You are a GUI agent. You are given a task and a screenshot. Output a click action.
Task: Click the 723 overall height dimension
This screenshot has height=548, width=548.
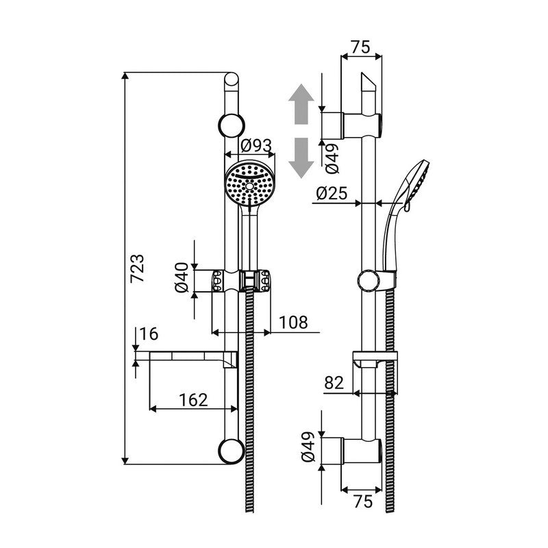pyautogui.click(x=137, y=269)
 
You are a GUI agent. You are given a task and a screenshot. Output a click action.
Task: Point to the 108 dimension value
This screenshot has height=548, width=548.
pyautogui.click(x=293, y=322)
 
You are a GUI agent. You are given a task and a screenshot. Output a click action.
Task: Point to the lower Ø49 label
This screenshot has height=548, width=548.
pyautogui.click(x=308, y=449)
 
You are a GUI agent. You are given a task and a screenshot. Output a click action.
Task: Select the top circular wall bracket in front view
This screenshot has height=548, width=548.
pyautogui.click(x=231, y=126)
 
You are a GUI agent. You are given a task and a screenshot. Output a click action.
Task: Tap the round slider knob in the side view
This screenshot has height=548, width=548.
pyautogui.click(x=370, y=280)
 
